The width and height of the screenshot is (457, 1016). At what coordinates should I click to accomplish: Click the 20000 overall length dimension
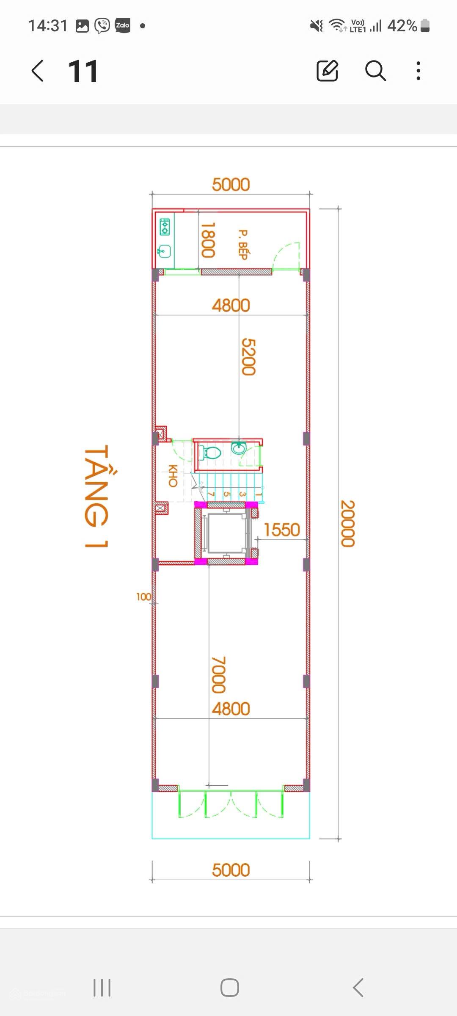pyautogui.click(x=347, y=524)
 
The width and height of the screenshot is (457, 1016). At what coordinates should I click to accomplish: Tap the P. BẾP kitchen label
pyautogui.click(x=243, y=245)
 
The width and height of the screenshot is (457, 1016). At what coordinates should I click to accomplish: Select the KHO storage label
pyautogui.click(x=173, y=476)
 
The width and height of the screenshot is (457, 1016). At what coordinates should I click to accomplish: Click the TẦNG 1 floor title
pyautogui.click(x=96, y=496)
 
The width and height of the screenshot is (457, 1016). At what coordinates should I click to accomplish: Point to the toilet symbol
pyautogui.click(x=209, y=453)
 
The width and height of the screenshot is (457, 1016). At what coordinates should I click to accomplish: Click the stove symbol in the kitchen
pyautogui.click(x=165, y=226)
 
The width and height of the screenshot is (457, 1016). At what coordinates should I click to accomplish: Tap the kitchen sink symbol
pyautogui.click(x=164, y=252)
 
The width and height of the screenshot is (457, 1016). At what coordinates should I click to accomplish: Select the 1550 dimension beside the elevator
pyautogui.click(x=282, y=530)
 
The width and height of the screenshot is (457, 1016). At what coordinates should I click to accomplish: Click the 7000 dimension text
pyautogui.click(x=218, y=675)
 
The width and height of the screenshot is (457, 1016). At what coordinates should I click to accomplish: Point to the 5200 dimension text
pyautogui.click(x=248, y=356)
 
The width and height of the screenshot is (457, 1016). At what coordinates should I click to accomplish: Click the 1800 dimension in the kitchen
pyautogui.click(x=208, y=240)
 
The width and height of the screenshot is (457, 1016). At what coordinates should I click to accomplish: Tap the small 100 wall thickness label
pyautogui.click(x=143, y=596)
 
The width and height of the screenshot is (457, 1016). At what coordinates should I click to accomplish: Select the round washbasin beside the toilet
pyautogui.click(x=239, y=448)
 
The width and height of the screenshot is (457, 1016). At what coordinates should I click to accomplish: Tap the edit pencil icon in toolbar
pyautogui.click(x=328, y=70)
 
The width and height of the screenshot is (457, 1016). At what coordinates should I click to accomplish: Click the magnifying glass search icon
pyautogui.click(x=375, y=70)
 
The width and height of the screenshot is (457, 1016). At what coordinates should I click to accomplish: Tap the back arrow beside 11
pyautogui.click(x=37, y=70)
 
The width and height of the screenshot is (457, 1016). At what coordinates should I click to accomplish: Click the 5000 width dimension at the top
pyautogui.click(x=231, y=185)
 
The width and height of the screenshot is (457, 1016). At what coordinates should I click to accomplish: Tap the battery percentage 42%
pyautogui.click(x=402, y=26)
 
